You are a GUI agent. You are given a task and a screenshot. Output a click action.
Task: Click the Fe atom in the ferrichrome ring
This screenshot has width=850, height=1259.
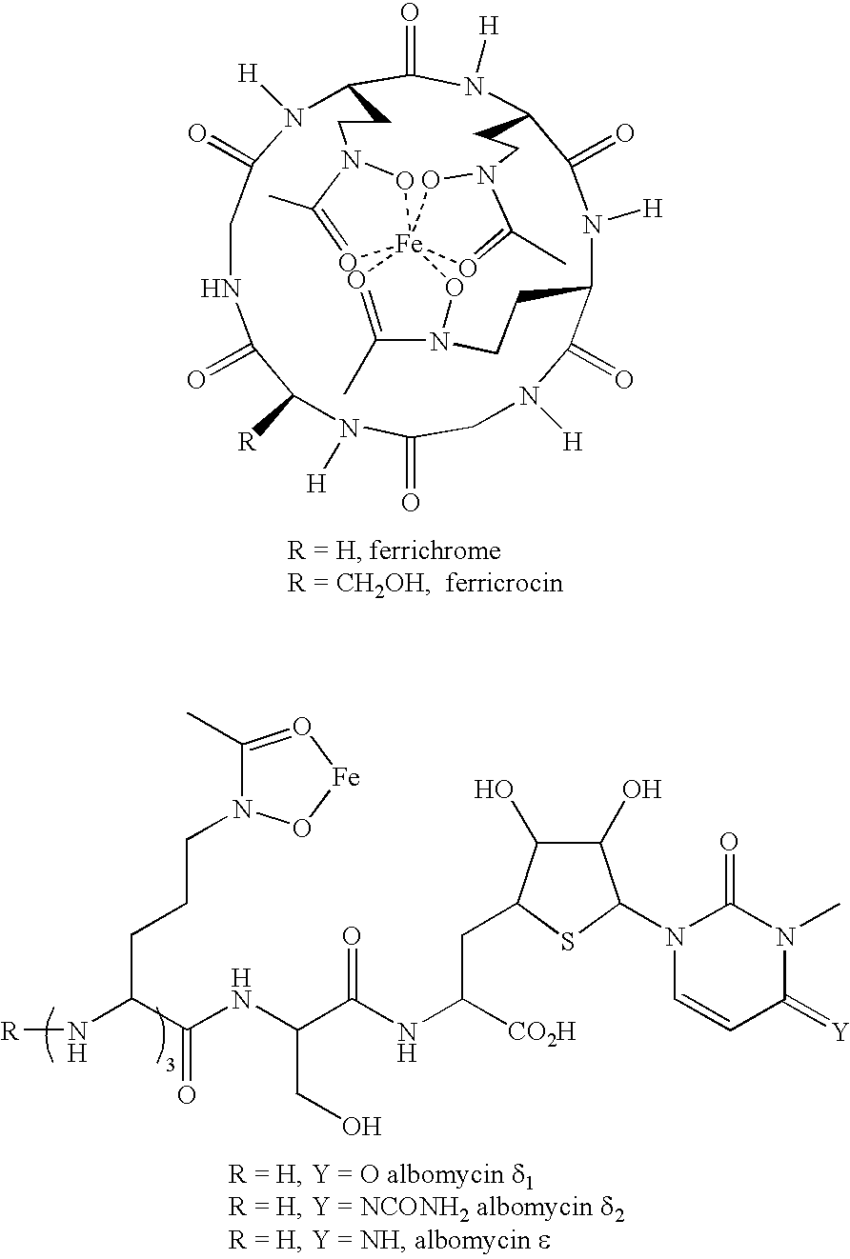click(x=409, y=245)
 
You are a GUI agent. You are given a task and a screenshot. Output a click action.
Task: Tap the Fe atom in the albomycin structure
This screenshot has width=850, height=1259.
click(x=345, y=777)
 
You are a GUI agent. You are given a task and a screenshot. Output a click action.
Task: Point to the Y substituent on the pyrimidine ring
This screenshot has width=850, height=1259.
click(x=840, y=1032)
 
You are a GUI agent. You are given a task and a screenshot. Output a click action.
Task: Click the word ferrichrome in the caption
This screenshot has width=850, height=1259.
click(x=435, y=550)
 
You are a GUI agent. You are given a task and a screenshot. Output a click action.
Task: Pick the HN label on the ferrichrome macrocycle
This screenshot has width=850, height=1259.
click(x=222, y=289)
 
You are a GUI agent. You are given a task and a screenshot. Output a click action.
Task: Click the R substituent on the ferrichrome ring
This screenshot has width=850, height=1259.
click(x=247, y=442)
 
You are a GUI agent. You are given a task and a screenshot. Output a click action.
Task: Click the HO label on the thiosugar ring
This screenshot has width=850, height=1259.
click(x=494, y=789)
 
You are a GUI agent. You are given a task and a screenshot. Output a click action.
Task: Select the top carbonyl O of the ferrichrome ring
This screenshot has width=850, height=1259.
click(x=412, y=14)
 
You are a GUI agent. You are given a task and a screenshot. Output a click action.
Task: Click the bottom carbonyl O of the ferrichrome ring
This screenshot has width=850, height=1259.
click(x=412, y=503)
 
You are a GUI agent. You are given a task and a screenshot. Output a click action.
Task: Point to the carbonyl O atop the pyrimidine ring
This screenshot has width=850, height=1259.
click(x=728, y=842)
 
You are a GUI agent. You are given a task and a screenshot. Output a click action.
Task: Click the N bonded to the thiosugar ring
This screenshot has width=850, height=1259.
click(x=674, y=937)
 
